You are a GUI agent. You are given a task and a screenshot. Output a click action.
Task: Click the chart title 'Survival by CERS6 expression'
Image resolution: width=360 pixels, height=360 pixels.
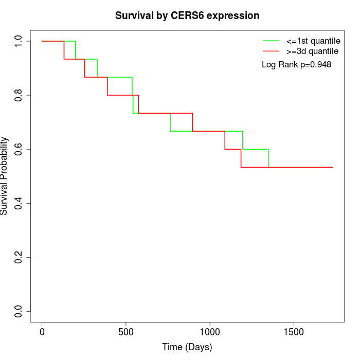click(187, 16)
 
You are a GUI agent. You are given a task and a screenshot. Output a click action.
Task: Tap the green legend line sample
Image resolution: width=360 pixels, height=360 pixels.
click(271, 41)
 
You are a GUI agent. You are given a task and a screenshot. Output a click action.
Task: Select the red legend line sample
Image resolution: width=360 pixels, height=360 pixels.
click(271, 51)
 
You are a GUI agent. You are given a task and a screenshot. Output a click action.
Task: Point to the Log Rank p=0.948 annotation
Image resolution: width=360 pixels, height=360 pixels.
click(296, 65)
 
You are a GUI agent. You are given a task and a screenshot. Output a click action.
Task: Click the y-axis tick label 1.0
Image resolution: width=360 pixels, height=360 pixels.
click(19, 41)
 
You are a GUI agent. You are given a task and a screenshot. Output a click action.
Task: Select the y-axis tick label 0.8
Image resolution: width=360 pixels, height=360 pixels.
click(19, 95)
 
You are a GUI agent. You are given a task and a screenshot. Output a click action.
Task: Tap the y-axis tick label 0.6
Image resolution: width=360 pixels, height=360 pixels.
click(19, 149)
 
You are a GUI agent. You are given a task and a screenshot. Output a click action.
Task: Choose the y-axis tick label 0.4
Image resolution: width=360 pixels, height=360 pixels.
click(19, 203)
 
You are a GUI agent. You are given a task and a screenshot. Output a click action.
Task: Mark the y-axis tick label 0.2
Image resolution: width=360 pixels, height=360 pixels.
click(19, 257)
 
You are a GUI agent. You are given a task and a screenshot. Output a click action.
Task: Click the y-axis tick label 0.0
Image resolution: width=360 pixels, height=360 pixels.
click(19, 311)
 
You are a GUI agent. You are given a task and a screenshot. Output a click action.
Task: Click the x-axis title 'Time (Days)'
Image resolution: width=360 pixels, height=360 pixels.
click(187, 347)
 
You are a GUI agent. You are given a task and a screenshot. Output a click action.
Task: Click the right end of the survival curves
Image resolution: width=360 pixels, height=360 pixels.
click(332, 167)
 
